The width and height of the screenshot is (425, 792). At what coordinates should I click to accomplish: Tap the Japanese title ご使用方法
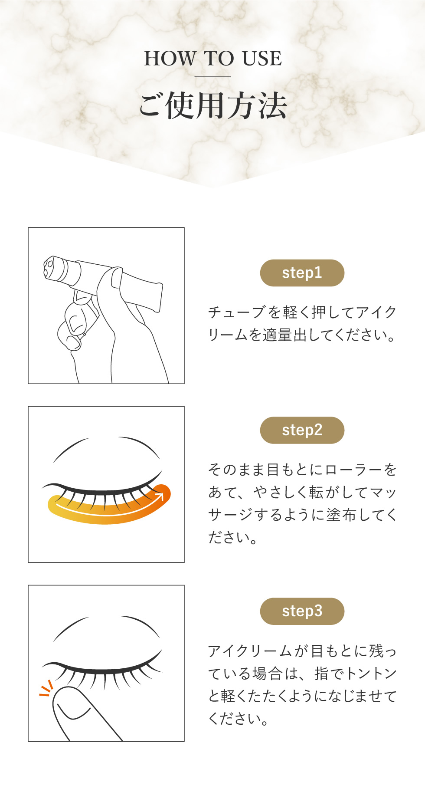pos(213,105)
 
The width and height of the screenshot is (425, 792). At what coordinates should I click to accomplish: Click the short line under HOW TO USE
pos(212,77)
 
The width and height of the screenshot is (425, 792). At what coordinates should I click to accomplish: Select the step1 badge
pos(302,273)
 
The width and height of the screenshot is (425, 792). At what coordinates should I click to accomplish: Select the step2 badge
pos(302,430)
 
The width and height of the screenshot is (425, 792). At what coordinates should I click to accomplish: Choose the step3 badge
pos(302,611)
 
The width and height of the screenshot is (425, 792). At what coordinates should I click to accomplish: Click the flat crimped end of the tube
pos(159,298)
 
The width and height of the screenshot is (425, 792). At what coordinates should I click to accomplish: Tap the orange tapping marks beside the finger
pos(46,689)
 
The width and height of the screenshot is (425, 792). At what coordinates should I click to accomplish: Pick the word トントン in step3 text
pos(371,674)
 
